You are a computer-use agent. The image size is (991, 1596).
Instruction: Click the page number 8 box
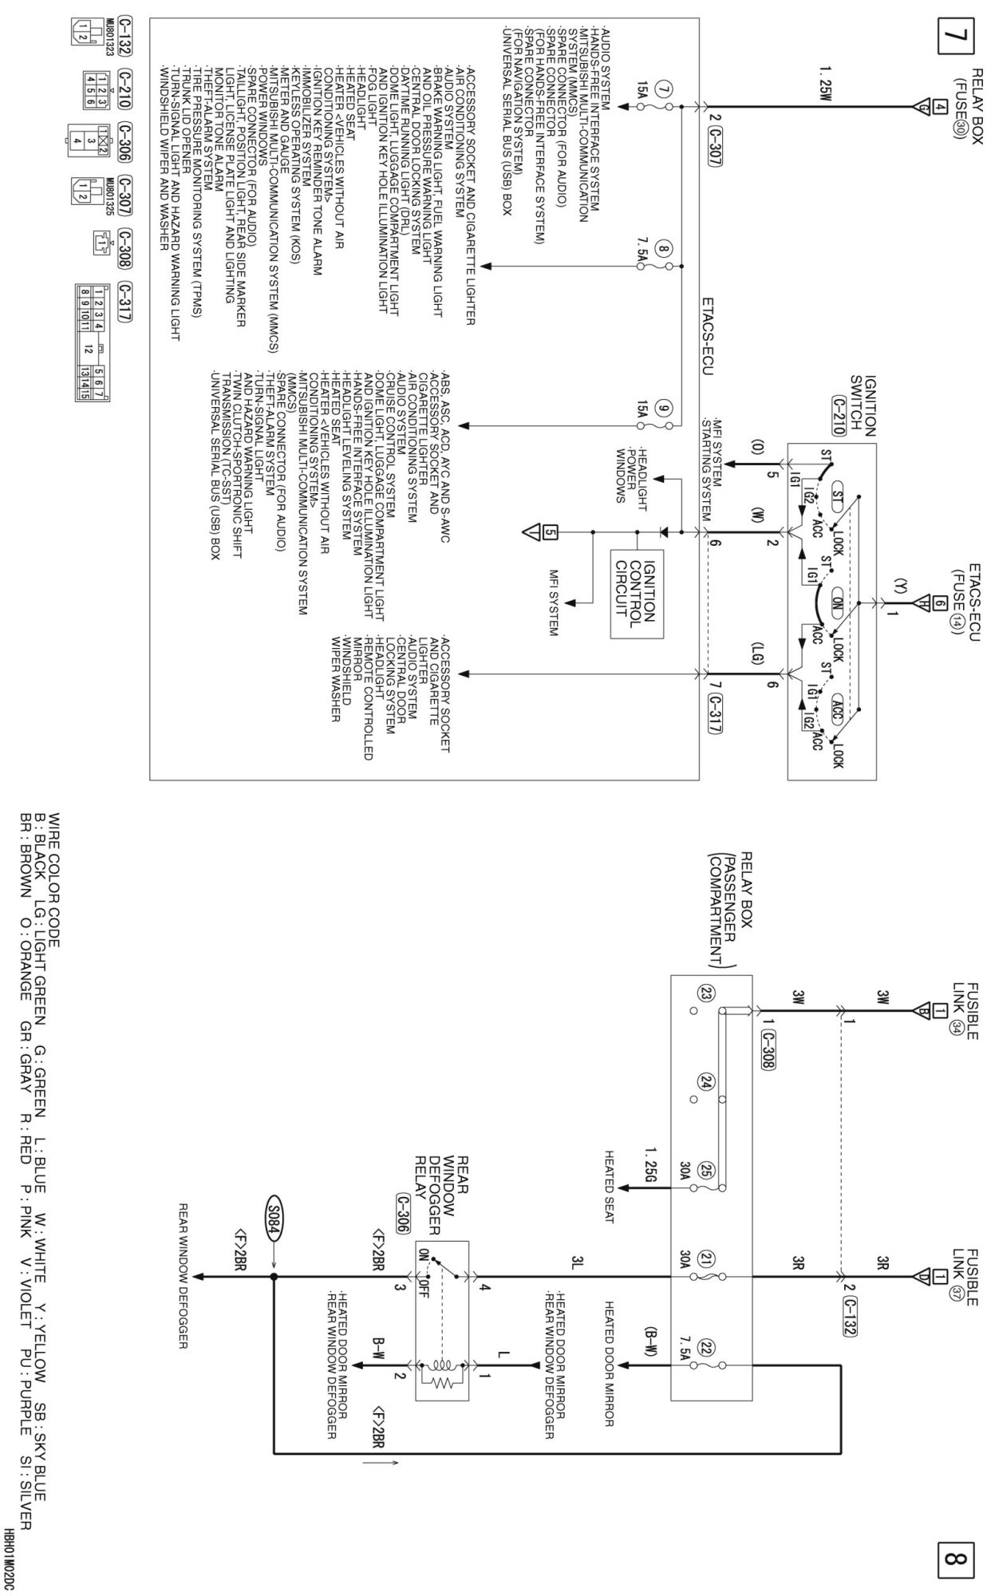tap(958, 1557)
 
